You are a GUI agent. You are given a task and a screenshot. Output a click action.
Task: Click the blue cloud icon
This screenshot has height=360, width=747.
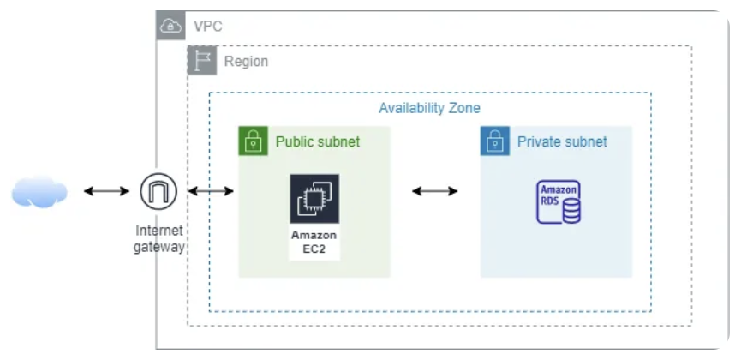coord(39,192)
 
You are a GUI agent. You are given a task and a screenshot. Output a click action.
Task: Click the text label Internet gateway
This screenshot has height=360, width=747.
coord(158,239)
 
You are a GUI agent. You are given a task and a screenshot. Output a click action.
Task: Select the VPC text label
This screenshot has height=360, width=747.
coord(207,27)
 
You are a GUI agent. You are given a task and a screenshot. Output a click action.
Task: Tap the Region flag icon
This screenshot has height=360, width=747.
coord(202,61)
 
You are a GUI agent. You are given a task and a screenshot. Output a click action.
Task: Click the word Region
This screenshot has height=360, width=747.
coord(246,62)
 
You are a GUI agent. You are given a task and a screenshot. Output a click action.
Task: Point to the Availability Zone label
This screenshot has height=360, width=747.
coord(429,108)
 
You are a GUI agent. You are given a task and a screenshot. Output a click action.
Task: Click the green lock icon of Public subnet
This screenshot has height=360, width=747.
coord(252,141)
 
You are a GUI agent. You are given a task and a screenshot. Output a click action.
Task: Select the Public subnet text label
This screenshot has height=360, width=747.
coord(317,141)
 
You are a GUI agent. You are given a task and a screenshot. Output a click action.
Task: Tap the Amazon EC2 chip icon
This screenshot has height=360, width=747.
coord(314,200)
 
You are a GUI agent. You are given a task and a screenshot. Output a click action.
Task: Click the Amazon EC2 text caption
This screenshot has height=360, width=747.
coord(314,243)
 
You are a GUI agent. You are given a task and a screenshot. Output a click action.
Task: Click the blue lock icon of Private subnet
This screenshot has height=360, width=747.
coord(494,141)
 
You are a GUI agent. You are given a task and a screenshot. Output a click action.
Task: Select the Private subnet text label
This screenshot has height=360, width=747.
coord(562,141)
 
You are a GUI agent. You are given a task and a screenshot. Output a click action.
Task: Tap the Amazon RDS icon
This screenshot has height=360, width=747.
coord(559,202)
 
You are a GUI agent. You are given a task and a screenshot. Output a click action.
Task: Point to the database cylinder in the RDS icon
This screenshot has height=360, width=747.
coord(571,211)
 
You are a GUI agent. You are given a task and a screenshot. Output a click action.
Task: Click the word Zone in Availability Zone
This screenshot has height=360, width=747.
coord(463,108)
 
